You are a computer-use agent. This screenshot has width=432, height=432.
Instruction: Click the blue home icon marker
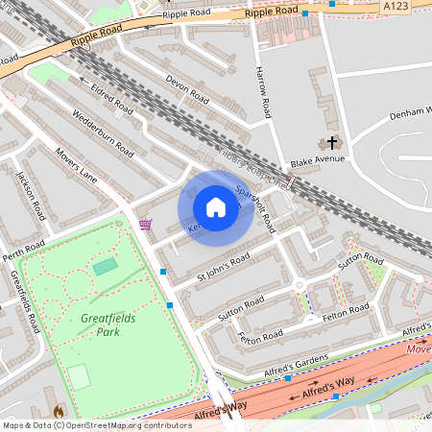(216, 207)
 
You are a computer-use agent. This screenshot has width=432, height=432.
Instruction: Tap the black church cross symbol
(333, 142)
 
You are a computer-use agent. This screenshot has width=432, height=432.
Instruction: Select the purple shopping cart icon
(145, 225)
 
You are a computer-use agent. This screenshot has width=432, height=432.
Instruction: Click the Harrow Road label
(264, 85)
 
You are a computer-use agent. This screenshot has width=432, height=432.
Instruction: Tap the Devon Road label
(186, 89)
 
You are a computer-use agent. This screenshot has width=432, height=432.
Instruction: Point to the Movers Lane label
(77, 164)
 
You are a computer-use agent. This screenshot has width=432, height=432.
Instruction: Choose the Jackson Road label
(31, 196)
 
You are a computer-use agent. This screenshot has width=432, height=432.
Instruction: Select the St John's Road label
(223, 268)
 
